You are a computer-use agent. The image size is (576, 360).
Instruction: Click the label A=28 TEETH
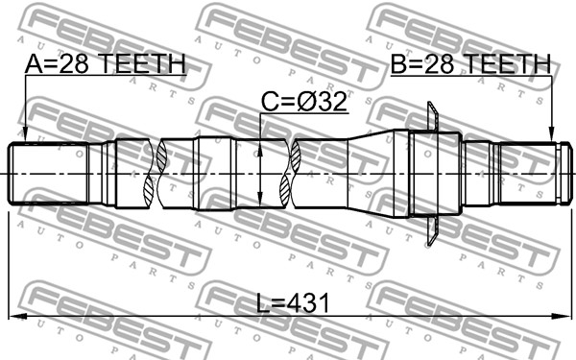pos(106,63)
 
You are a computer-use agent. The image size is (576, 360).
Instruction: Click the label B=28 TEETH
pos(470,63)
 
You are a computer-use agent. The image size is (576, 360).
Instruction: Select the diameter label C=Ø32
pos(304,102)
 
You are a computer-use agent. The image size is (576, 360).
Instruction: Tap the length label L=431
pos(293,303)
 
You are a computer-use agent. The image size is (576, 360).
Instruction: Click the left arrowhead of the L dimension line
pos(17,316)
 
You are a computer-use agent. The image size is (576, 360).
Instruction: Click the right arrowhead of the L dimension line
pos(564,316)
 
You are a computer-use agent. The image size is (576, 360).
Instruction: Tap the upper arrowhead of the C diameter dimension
pos(260,149)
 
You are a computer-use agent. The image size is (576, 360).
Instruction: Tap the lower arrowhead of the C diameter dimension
pos(260,198)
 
